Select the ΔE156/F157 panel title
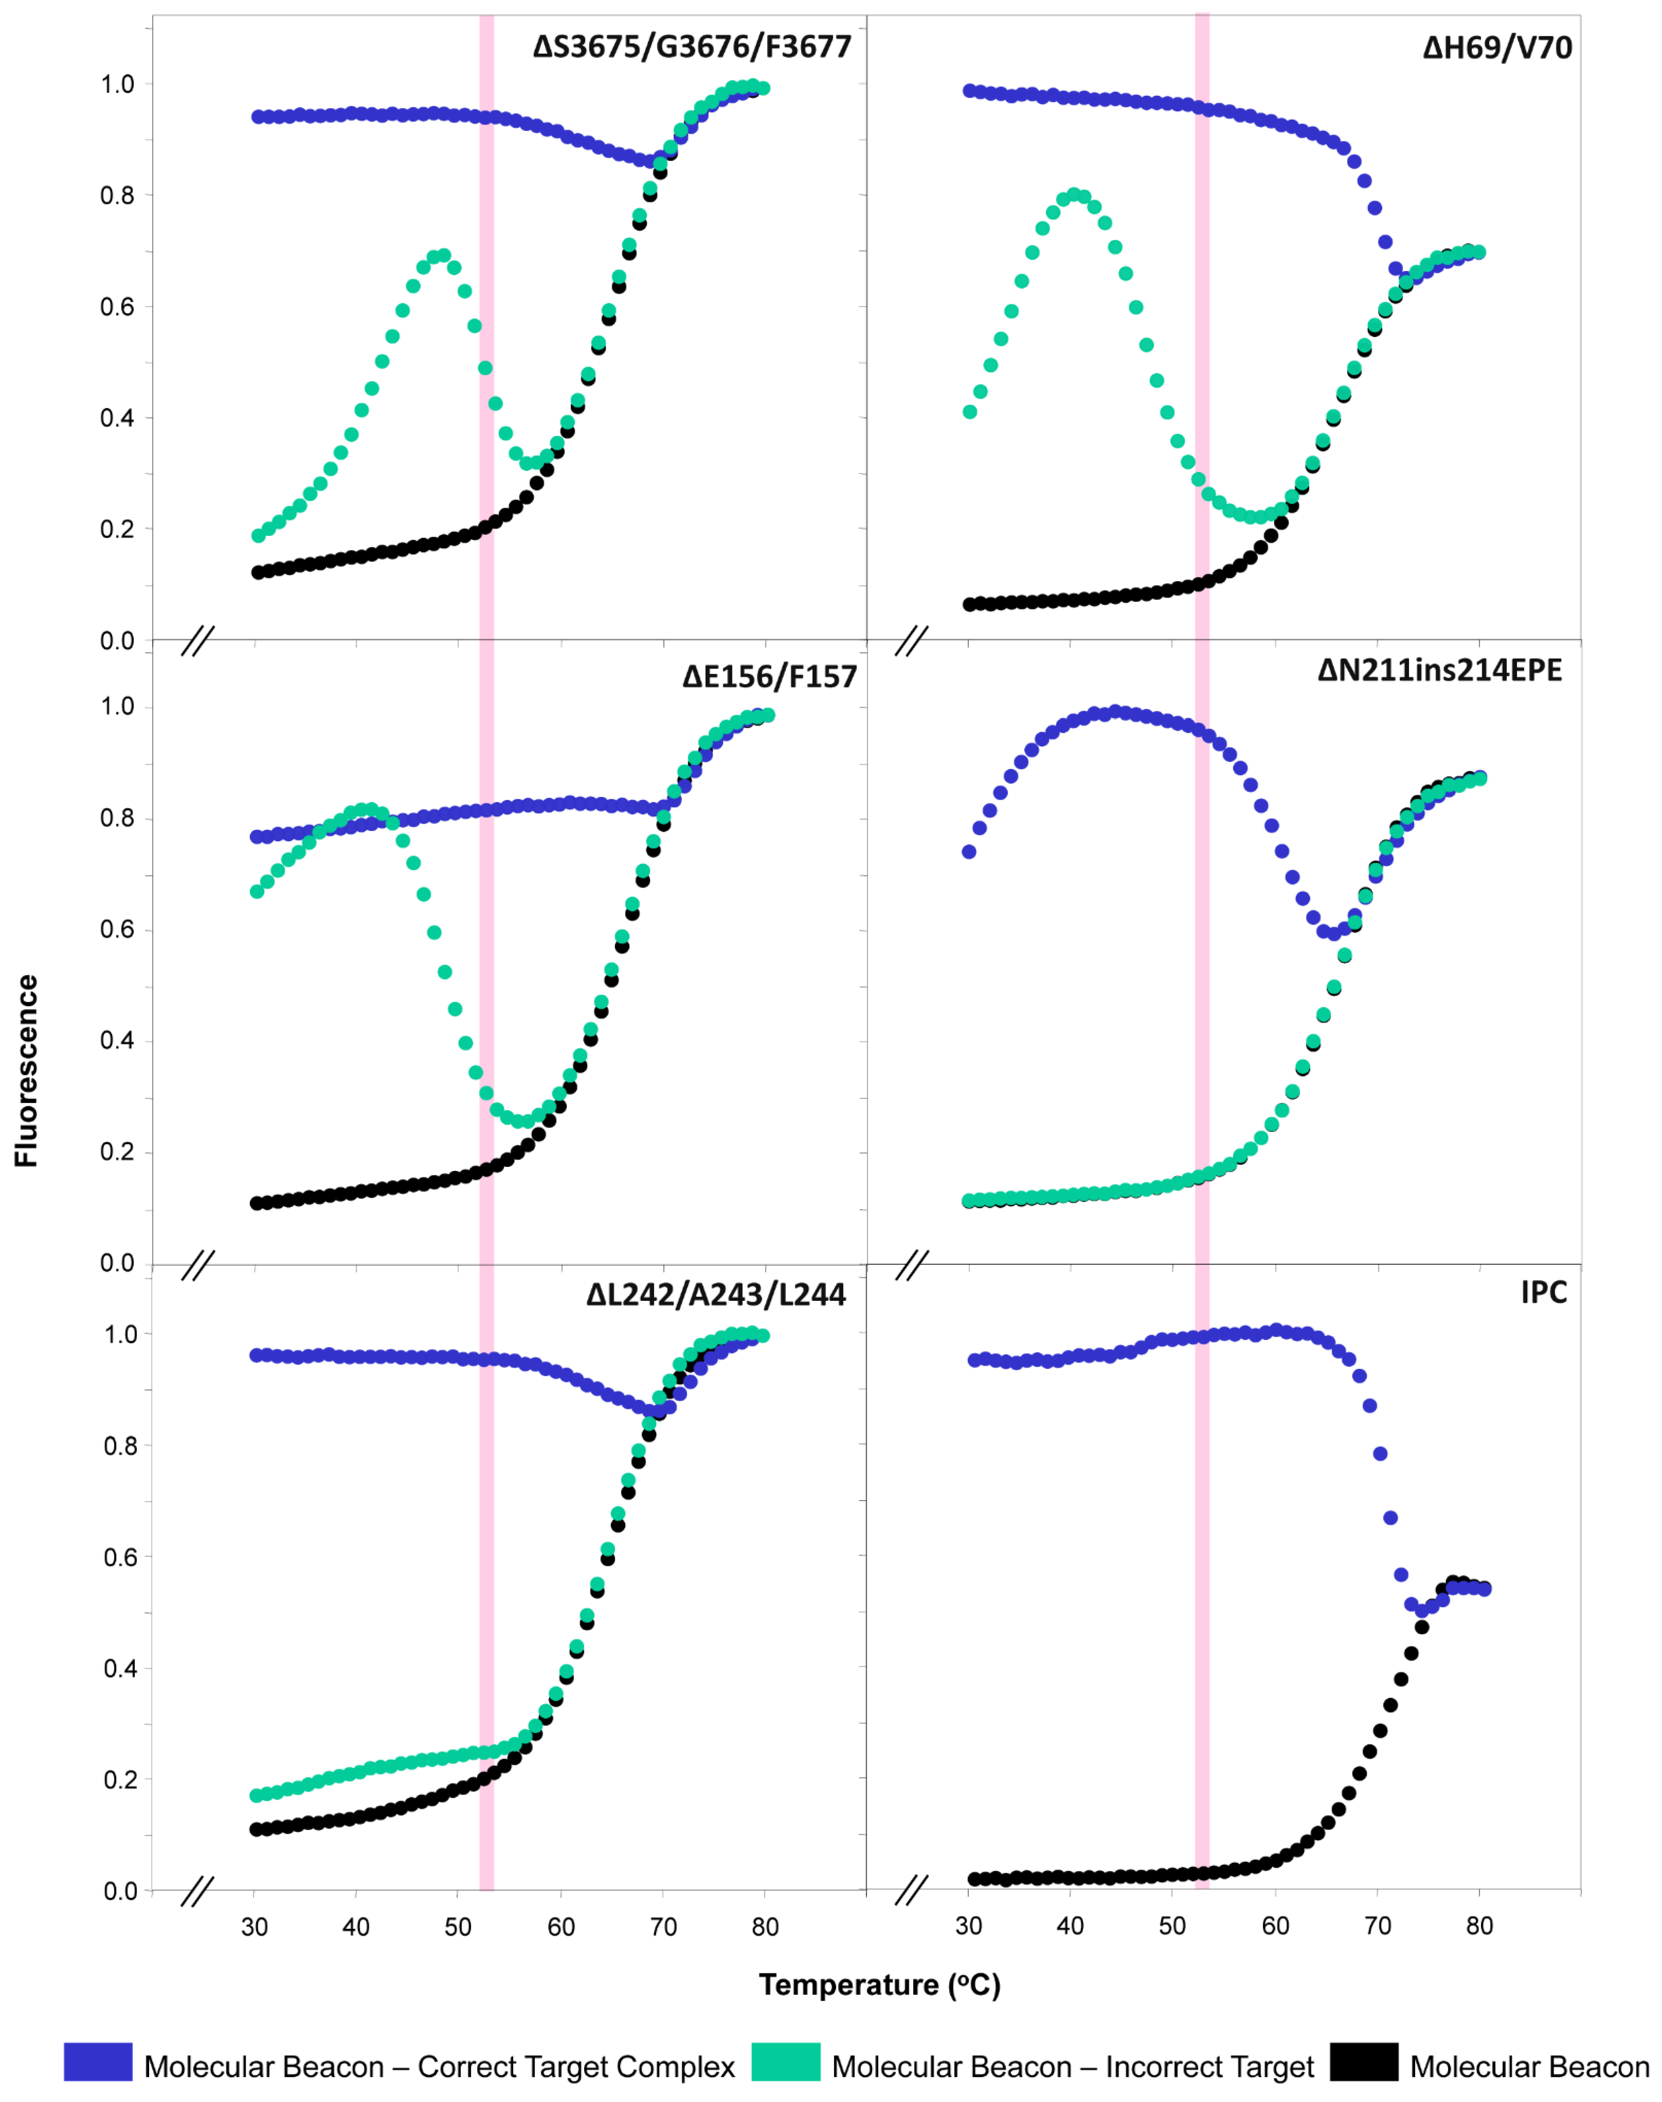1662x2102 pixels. pos(769,676)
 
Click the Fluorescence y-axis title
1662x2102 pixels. pos(26,1070)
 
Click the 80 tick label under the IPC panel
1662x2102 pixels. pos(1479,1926)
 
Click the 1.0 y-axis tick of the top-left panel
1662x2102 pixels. pos(118,85)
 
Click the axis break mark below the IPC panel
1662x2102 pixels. pos(912,1892)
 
